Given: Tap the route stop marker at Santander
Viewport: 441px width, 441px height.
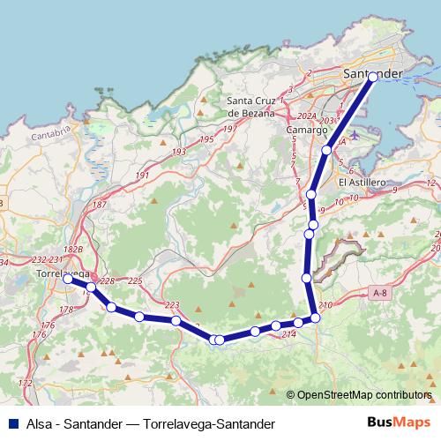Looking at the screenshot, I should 373,77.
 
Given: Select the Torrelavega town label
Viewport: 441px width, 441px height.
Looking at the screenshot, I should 62,273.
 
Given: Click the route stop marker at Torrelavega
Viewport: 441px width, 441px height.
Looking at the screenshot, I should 68,278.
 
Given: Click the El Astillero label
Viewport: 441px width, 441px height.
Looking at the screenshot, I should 363,183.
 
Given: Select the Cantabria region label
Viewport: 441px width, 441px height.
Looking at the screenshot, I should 49,135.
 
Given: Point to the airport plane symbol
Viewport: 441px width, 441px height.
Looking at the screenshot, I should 355,135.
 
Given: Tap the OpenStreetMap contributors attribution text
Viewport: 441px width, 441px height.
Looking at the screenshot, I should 363,395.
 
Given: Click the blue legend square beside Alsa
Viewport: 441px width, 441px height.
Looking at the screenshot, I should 13,422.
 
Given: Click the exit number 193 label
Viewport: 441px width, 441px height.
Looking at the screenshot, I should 179,152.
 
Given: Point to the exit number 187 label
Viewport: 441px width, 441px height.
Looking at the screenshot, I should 99,205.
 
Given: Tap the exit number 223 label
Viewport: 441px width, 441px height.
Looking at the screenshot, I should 172,305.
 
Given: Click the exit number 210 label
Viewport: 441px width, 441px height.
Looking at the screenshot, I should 325,305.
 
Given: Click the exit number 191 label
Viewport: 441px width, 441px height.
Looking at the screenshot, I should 142,176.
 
